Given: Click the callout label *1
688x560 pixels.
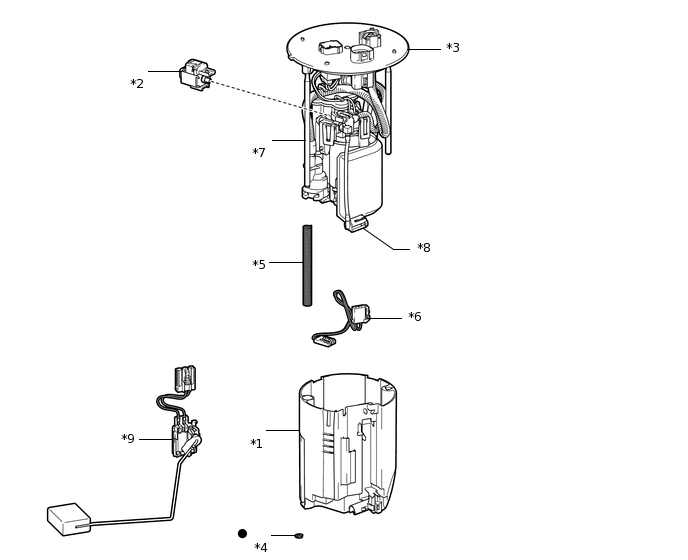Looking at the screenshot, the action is [256, 444].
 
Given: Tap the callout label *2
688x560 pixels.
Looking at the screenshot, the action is [137, 83].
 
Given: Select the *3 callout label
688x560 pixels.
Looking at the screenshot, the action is [453, 47].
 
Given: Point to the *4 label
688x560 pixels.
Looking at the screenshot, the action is [261, 547].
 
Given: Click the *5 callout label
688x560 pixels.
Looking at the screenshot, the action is [259, 264].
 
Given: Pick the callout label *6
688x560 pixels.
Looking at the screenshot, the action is [415, 316].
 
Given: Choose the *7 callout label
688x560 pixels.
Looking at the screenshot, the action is [259, 152].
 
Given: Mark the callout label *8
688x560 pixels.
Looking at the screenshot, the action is [424, 248].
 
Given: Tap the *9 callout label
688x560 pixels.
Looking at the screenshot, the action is [128, 438].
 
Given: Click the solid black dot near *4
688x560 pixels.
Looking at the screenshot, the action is [242, 534].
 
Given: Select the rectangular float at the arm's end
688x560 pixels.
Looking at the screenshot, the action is [69, 519].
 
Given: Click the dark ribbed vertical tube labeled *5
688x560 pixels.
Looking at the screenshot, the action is [307, 266].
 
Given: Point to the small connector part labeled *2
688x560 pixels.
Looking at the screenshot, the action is [197, 75].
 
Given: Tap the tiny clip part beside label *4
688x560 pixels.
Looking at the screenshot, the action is [299, 535].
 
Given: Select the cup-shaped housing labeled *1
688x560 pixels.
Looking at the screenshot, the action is [348, 444].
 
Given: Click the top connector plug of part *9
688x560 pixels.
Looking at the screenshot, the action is [185, 379].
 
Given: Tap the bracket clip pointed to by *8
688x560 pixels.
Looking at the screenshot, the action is [355, 223].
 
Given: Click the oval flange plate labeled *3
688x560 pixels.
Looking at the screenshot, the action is [348, 47].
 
